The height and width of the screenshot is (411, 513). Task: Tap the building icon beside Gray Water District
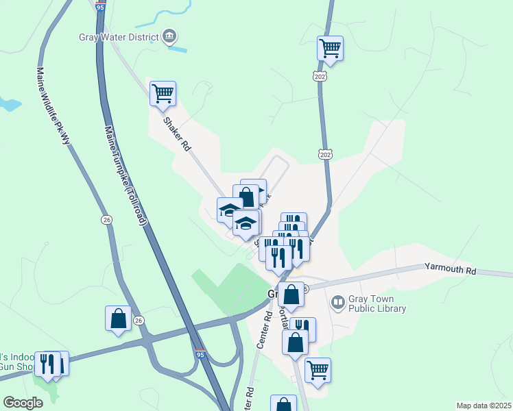(x=169, y=36)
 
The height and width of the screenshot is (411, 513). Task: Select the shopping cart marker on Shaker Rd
(x=163, y=94)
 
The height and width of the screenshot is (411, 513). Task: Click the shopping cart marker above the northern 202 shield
(x=330, y=49)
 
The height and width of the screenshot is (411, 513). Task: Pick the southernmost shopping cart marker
(x=318, y=371)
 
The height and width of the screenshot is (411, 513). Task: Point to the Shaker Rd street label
(x=176, y=134)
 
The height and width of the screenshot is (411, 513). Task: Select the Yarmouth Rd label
(x=450, y=269)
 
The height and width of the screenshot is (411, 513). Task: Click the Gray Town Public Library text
(x=377, y=304)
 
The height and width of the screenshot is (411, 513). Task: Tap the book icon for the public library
(x=337, y=301)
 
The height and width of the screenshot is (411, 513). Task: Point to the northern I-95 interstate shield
(x=101, y=7)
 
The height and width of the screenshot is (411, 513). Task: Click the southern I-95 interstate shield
(x=200, y=354)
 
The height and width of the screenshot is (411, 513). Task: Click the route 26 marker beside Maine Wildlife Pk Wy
(x=106, y=220)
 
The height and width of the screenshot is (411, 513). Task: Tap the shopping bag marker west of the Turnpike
(x=118, y=319)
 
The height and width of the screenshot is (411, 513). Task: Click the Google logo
(x=23, y=403)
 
